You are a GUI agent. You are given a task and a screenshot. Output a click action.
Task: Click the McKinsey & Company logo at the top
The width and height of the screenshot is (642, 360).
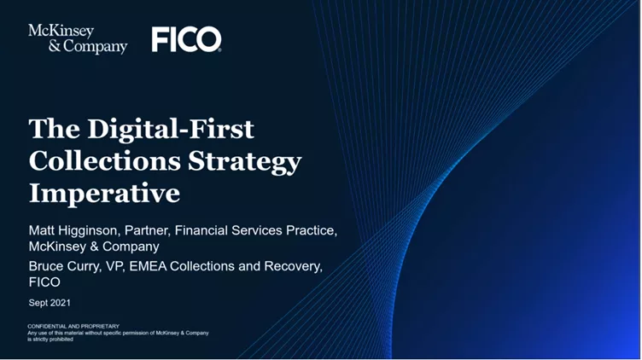[77, 38]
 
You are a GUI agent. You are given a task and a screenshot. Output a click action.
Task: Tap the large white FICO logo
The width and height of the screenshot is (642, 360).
[186, 39]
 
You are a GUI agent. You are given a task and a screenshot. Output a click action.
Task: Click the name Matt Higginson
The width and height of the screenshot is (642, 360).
[77, 230]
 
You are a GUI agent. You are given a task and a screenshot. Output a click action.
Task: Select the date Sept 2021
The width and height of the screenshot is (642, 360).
[50, 303]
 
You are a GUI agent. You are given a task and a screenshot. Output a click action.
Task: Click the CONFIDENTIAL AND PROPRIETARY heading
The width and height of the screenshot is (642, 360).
[73, 326]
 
